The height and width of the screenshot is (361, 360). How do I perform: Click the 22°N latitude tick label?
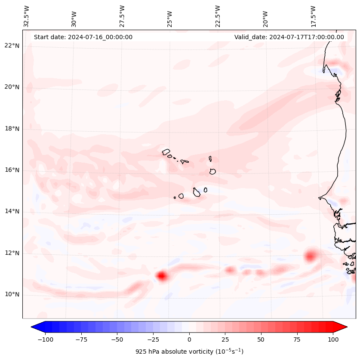click(x=12, y=46)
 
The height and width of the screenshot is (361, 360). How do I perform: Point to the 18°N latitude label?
click(x=12, y=129)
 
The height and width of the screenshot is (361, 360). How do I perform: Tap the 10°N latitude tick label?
click(x=12, y=295)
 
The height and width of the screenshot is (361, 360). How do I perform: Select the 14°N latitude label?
click(x=12, y=212)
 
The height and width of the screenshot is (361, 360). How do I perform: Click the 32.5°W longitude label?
click(x=27, y=16)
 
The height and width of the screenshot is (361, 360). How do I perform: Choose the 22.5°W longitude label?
click(x=218, y=16)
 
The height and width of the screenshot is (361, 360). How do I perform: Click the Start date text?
click(x=83, y=37)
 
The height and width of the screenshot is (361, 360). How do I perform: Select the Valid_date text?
click(x=289, y=37)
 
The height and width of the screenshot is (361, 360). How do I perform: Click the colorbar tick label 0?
click(x=189, y=339)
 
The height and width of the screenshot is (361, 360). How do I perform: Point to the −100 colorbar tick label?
click(x=45, y=339)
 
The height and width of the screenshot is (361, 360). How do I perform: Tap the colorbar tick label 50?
click(x=261, y=339)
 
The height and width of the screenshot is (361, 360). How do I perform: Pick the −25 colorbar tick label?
click(x=153, y=339)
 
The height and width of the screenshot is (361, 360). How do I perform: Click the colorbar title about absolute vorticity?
click(x=189, y=352)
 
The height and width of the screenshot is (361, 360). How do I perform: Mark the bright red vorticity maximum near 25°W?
click(x=162, y=276)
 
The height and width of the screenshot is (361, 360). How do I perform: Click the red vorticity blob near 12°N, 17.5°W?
click(x=311, y=256)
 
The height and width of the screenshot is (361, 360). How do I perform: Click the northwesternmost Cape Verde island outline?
click(x=166, y=152)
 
